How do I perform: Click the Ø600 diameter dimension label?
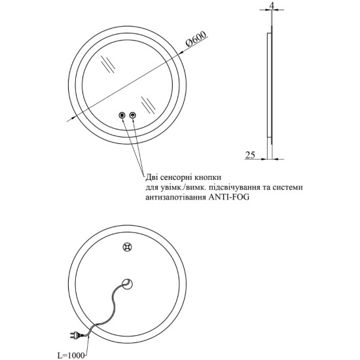coord(196,39)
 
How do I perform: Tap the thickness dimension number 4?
coord(272,6)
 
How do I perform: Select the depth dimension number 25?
coord(250,155)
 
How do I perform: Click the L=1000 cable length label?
coord(71,355)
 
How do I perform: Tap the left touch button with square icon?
coord(122,115)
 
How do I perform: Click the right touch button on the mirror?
coord(133,115)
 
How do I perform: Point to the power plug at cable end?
coord(76,335)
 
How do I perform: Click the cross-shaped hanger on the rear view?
coord(127,247)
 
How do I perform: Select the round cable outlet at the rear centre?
coord(127,284)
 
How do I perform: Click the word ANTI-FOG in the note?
coord(228,198)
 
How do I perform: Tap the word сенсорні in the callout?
coord(176,177)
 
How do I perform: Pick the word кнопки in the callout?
coord(207,177)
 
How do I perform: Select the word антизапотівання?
coord(175,198)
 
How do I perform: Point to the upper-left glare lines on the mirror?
coord(107,64)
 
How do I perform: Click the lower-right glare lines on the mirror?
coord(149,105)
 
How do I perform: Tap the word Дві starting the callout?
coord(152,177)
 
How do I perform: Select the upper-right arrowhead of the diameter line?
coord(182,52)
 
